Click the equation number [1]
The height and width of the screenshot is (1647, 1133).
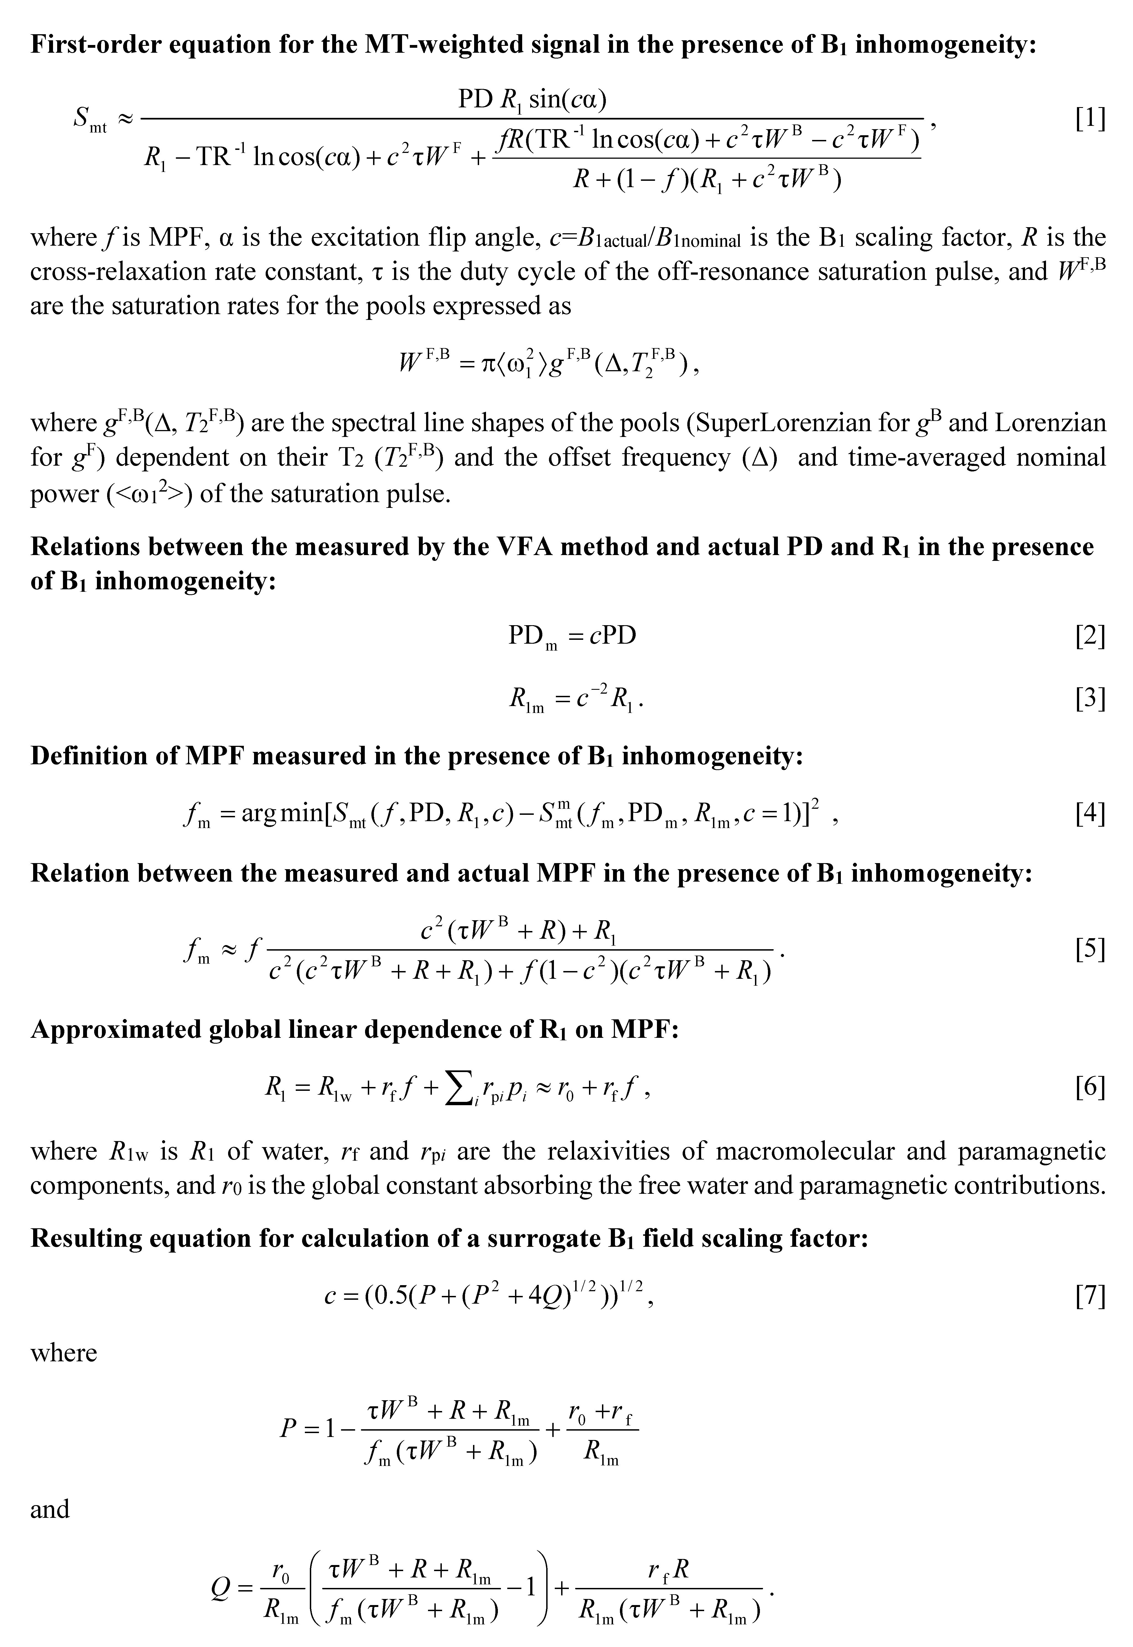1090,119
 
